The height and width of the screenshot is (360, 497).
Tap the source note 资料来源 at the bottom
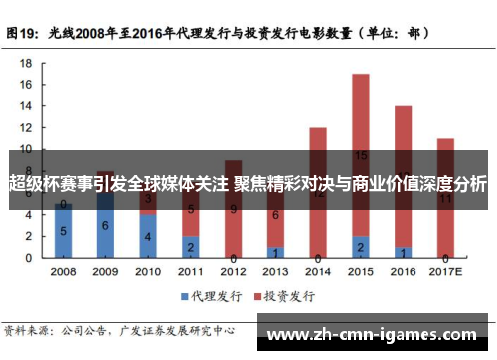(27, 330)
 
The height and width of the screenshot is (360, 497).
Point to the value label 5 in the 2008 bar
(63, 231)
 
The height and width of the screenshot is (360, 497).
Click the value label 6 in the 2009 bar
(105, 226)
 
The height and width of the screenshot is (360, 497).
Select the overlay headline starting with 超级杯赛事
(248, 185)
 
